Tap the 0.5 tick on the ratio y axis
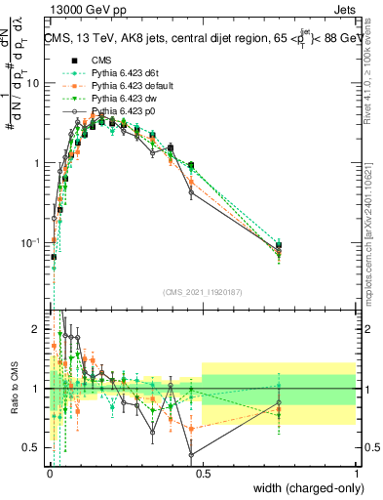pyautogui.click(x=35, y=447)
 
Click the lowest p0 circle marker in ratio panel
pyautogui.click(x=191, y=454)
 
